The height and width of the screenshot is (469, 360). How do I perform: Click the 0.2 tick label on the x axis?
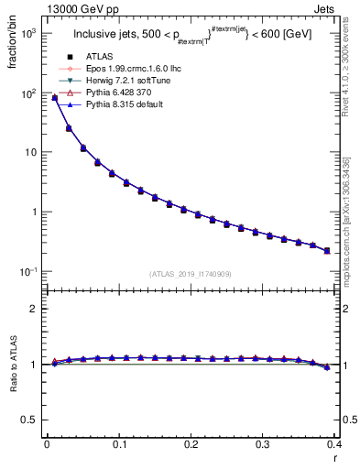191,445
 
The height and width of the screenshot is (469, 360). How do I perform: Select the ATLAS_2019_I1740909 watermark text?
191,274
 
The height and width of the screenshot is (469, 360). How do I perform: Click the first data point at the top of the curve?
54,98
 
